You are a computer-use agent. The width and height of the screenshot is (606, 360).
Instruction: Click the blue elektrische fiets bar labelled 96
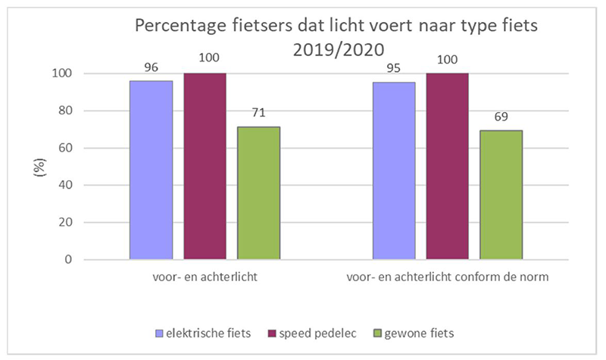151,170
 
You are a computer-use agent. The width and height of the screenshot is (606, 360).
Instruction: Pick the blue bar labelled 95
393,171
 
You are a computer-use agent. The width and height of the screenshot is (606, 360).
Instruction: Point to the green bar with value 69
501,195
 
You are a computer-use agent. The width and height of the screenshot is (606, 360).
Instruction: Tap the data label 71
258,112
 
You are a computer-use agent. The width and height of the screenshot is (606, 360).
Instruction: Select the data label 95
393,67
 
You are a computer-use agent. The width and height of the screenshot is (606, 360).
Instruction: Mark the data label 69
501,116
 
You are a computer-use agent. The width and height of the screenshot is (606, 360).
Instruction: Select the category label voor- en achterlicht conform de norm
447,278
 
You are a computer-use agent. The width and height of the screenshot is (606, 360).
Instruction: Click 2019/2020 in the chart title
339,51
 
